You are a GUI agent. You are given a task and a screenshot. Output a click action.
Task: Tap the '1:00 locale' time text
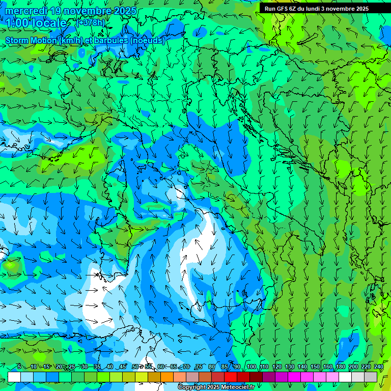pyautogui.click(x=37, y=23)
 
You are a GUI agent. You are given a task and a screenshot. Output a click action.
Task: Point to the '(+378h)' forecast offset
pyautogui.click(x=90, y=23)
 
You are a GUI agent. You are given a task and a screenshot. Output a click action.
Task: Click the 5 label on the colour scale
pyautogui.click(x=19, y=367)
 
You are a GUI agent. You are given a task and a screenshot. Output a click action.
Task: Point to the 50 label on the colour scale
pyautogui.click(x=135, y=367)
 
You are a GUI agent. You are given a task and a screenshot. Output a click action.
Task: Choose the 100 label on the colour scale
pyautogui.click(x=252, y=367)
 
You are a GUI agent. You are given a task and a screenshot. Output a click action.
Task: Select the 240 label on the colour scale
pyautogui.click(x=379, y=367)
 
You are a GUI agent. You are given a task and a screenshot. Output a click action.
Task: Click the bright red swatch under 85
pyautogui.click(x=231, y=377)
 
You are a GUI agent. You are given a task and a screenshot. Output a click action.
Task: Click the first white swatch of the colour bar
pyautogui.click(x=14, y=377)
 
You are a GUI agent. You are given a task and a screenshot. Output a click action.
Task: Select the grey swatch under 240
pyautogui.click(x=371, y=377)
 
